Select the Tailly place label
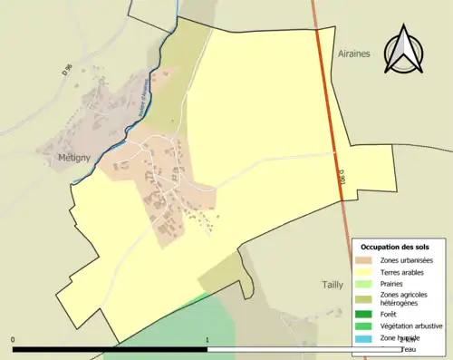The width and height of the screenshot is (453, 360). (333, 284)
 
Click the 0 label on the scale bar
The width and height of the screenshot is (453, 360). (13, 341)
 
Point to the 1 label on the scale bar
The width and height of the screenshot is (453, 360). (207, 341)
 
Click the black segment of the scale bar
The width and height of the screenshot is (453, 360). (110, 348)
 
